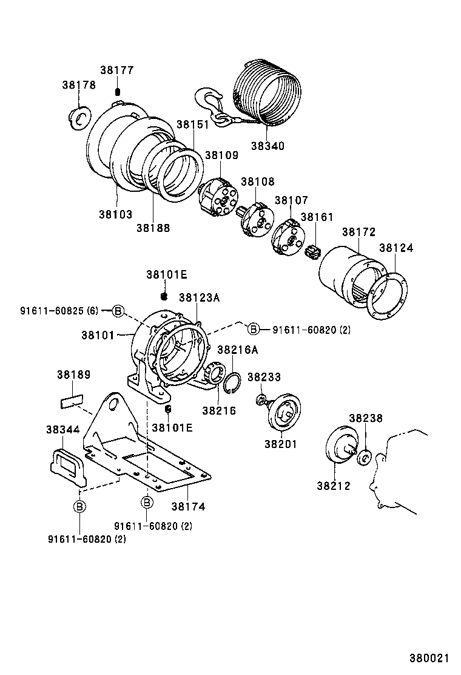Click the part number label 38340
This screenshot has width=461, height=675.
267,146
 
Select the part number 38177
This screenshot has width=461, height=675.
116,70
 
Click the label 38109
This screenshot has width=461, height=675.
221,155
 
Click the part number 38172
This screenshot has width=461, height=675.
358,232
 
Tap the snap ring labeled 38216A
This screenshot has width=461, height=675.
232,385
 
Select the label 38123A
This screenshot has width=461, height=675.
199,297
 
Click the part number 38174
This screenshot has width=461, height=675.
187,506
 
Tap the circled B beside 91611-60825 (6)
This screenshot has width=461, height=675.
118,311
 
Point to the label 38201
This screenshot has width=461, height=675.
280,444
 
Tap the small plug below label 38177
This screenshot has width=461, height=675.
118,92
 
